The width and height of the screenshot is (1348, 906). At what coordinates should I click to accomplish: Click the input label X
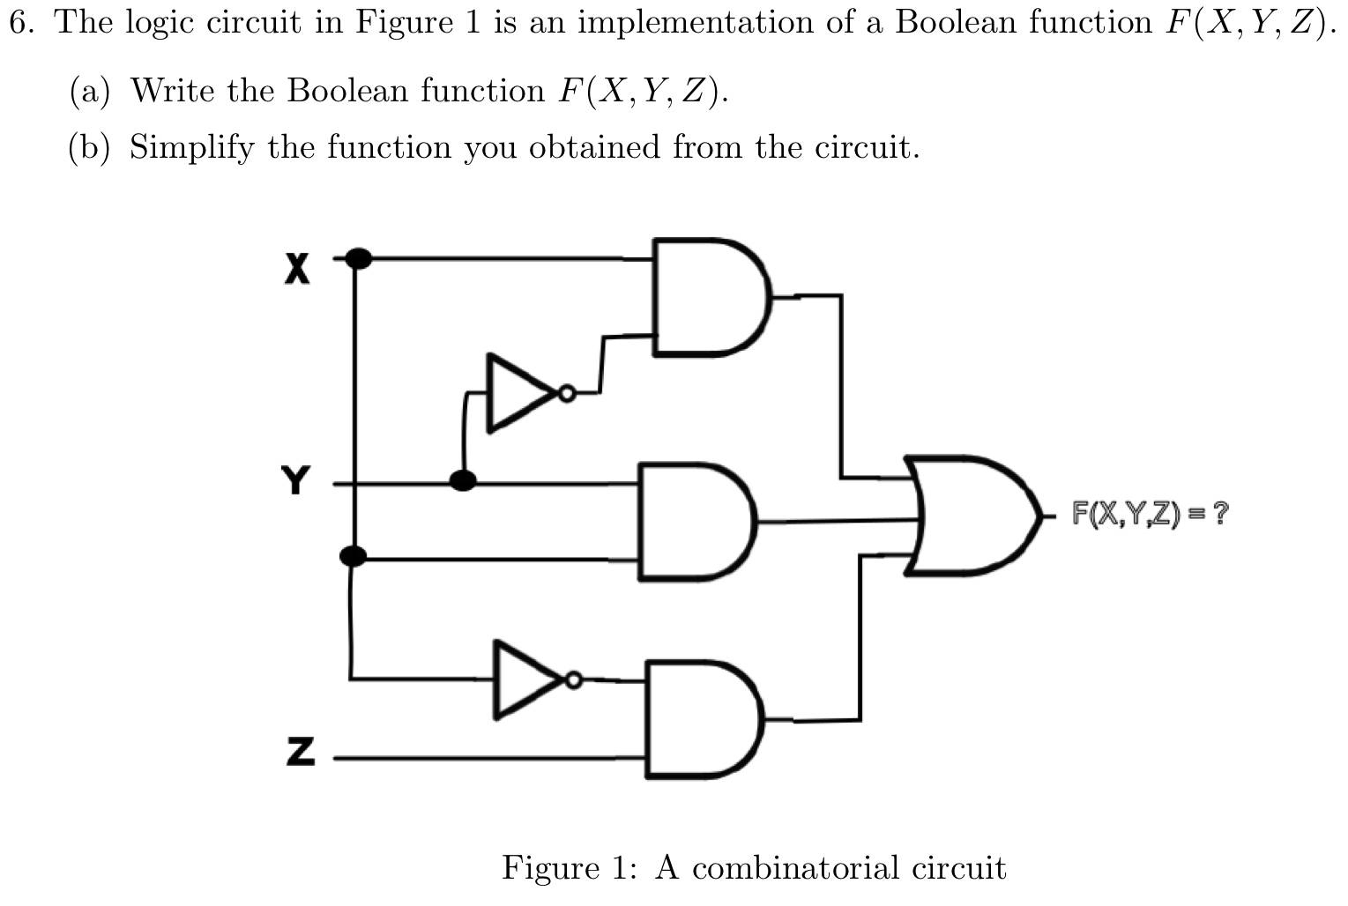(298, 268)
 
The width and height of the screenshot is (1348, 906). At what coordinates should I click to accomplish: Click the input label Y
(296, 481)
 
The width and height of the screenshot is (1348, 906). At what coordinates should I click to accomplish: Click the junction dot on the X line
(357, 258)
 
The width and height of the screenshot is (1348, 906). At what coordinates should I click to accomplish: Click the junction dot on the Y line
(463, 480)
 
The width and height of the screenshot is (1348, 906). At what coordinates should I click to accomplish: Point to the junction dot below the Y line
(354, 555)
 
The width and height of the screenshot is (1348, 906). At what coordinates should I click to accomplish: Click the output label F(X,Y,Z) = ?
(1148, 512)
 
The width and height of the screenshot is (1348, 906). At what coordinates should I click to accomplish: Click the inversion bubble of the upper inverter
(567, 394)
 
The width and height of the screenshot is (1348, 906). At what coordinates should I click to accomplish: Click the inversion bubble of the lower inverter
(574, 679)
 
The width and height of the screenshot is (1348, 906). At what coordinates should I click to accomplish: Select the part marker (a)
(90, 91)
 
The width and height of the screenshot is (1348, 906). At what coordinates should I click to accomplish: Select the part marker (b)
(90, 147)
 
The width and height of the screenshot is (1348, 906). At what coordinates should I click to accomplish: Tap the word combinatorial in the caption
(795, 868)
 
